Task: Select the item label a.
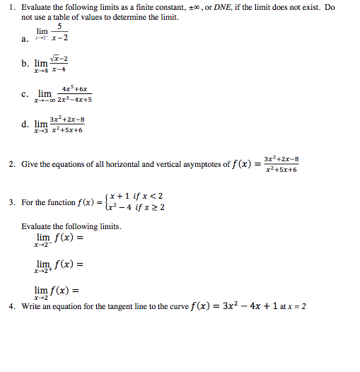click(x=25, y=39)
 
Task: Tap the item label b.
click(x=25, y=64)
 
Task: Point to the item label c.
click(x=25, y=93)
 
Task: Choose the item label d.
click(x=25, y=124)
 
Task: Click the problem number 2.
click(x=11, y=164)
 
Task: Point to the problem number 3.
click(x=11, y=202)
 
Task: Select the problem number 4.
click(x=11, y=307)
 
